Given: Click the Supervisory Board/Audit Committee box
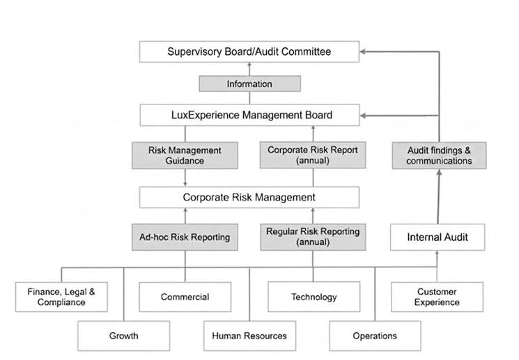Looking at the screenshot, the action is [249, 52].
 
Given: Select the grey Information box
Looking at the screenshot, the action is [249, 84].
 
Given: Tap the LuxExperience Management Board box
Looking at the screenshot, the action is [249, 115].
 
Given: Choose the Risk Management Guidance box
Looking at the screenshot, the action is [185, 155].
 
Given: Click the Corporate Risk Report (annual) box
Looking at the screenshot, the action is [313, 155].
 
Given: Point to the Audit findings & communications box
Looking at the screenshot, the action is [439, 155].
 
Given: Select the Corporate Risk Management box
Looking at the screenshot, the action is [249, 197].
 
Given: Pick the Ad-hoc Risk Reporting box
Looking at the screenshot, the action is [185, 237].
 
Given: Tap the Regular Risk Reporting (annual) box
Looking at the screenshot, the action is [313, 237].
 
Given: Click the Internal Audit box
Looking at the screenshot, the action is [437, 237].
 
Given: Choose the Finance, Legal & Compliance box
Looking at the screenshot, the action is [61, 297].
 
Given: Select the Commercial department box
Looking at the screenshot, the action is [185, 297].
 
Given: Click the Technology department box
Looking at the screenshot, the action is [313, 297].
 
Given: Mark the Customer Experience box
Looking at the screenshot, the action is [437, 297].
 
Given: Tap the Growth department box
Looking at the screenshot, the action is [124, 336].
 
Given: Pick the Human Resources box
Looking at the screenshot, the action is [249, 336].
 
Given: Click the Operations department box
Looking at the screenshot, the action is [375, 336].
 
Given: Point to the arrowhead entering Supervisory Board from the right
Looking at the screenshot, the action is [362, 52].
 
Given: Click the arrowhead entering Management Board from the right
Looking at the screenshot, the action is [363, 116].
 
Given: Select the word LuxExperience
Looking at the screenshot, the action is [206, 115].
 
